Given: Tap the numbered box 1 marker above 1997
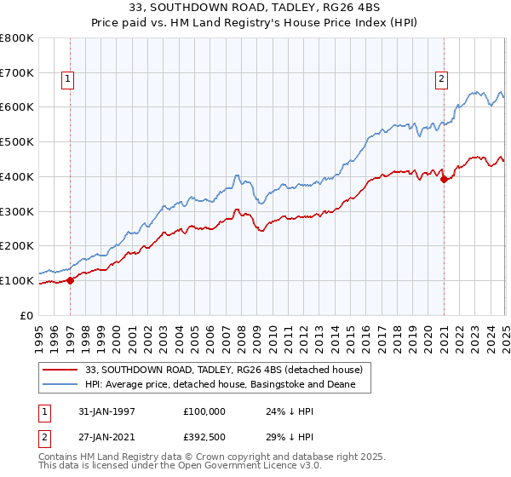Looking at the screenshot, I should point(68,79).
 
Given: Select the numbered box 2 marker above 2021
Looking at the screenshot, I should point(442,79).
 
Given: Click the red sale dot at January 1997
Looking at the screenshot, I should point(71,280).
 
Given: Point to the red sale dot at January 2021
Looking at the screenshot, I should point(444,179).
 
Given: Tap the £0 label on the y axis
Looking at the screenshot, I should point(27,315).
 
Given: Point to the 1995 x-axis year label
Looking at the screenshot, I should point(39,333).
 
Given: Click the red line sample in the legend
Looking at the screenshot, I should point(60,370).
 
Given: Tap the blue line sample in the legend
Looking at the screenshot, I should point(60,385).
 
